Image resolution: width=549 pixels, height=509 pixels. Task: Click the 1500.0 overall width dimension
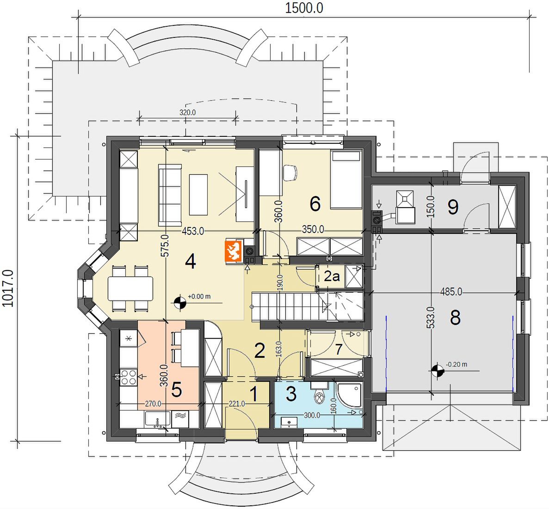point(304,8)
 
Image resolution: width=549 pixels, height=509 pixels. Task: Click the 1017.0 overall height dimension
point(8,288)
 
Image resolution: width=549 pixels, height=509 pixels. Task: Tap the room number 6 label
point(315,204)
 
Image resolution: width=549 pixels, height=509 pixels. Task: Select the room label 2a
point(332,276)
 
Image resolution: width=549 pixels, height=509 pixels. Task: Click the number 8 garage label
point(455,318)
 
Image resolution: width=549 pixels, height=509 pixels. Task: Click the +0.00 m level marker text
point(199,296)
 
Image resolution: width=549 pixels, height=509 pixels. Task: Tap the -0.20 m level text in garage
point(456,364)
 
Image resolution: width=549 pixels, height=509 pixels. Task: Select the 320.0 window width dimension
point(188,112)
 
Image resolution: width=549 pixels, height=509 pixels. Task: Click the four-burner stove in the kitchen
point(128,377)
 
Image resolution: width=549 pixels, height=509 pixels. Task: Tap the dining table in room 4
point(130,288)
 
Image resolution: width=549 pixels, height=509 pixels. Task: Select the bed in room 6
point(346,179)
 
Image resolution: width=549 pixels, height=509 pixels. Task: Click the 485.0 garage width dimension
point(451,292)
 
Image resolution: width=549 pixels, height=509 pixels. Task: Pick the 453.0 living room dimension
point(193,231)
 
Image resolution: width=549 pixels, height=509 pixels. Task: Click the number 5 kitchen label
point(177,390)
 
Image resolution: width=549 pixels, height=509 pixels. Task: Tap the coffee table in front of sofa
point(198,195)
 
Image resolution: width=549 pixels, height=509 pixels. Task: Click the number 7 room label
point(338,350)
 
